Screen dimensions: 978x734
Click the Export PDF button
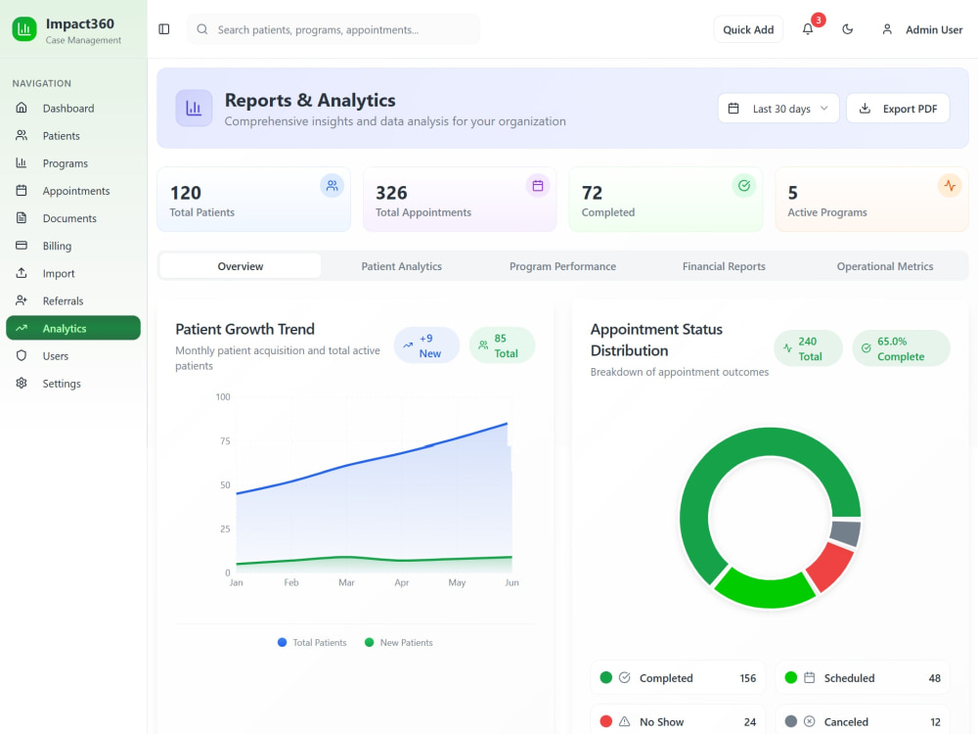coord(898,109)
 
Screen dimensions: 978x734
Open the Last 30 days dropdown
coord(778,109)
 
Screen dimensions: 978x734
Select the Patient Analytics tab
coord(402,266)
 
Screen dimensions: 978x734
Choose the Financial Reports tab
coord(724,266)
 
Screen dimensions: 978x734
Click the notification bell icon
coord(808,29)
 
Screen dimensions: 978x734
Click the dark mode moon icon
coord(848,29)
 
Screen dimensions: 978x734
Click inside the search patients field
coord(333,29)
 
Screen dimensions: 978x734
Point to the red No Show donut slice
coord(829,566)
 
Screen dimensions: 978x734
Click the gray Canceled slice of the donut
coord(846,533)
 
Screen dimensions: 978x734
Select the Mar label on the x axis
coord(346,582)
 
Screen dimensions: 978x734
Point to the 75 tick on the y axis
coord(225,441)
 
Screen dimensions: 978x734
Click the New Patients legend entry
coord(399,643)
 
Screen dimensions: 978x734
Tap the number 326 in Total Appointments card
coord(391,193)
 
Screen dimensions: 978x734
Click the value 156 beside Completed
coord(748,678)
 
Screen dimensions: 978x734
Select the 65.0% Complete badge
coord(902,348)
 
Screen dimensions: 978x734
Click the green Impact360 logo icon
coord(24,28)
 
